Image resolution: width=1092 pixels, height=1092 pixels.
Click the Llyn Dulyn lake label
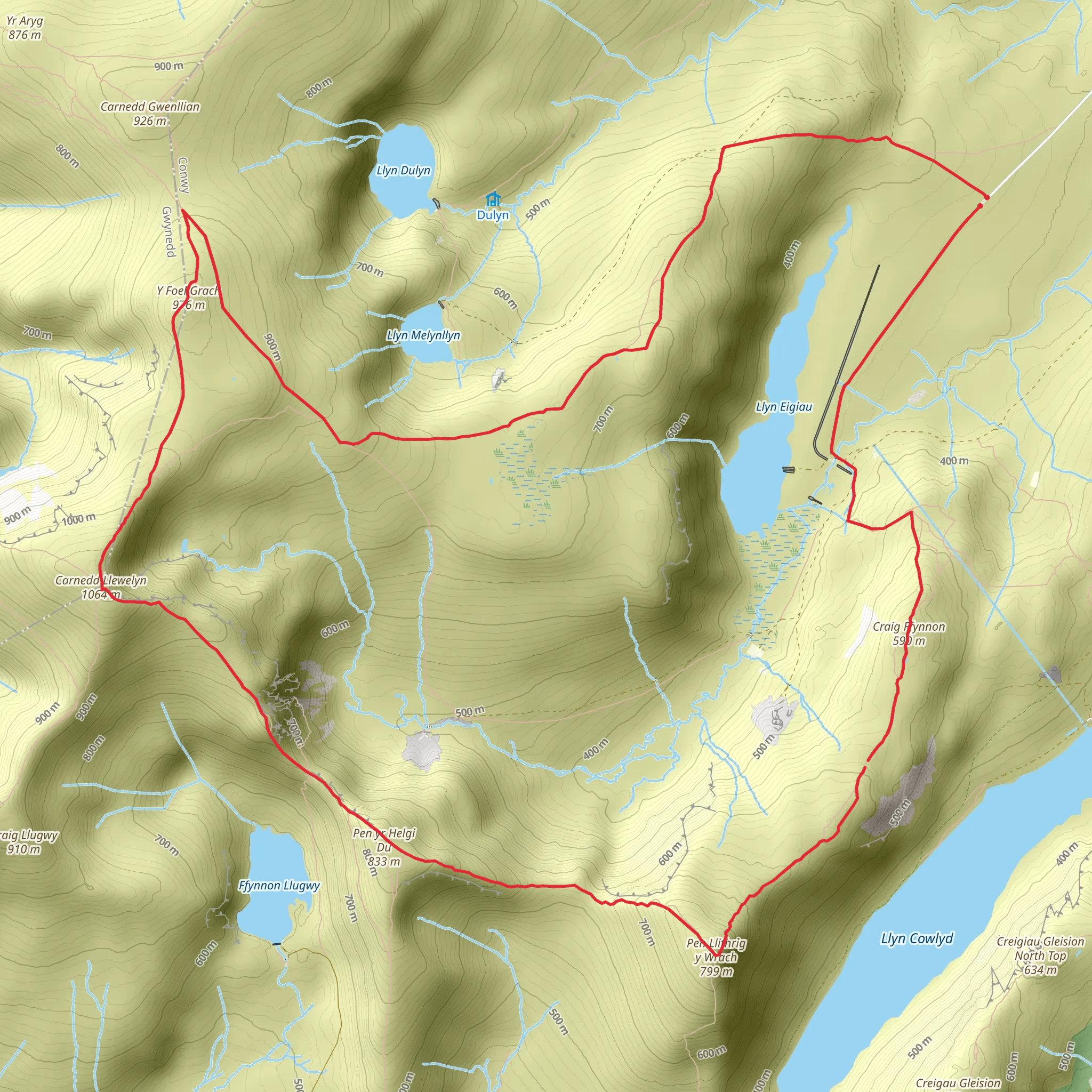403,170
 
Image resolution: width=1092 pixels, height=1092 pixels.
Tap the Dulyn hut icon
493,199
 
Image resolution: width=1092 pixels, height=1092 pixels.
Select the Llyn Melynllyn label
423,335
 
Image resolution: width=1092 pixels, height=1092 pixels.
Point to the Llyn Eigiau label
783,407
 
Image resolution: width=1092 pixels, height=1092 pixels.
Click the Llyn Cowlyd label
917,939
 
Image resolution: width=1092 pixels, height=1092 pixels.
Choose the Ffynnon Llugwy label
279,886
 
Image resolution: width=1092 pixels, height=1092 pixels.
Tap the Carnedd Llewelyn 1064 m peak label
101,587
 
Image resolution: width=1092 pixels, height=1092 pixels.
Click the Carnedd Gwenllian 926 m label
150,113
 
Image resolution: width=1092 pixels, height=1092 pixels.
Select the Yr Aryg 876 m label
25,28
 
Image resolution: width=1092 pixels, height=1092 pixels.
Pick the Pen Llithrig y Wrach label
716,958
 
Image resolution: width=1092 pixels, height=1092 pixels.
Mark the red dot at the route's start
986,197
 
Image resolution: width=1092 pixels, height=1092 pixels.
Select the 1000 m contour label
78,519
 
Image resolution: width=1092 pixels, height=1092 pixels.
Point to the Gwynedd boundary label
168,231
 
